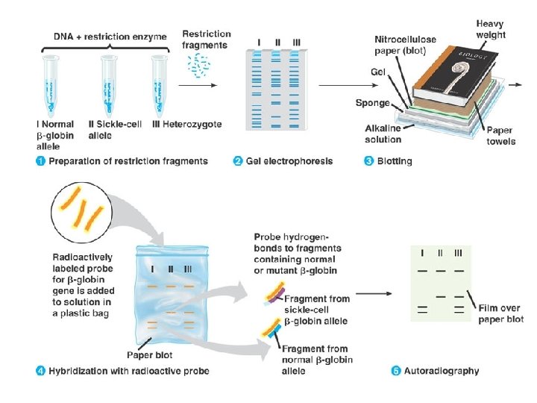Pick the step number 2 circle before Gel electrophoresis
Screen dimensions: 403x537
pos(238,160)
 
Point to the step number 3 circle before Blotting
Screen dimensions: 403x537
pos(368,160)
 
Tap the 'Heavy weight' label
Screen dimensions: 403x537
pos(491,30)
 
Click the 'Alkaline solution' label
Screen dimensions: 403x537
pos(383,134)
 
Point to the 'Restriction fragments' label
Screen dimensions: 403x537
pos(207,39)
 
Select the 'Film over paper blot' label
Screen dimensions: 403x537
pos(501,313)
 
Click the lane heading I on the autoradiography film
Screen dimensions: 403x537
pos(423,252)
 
